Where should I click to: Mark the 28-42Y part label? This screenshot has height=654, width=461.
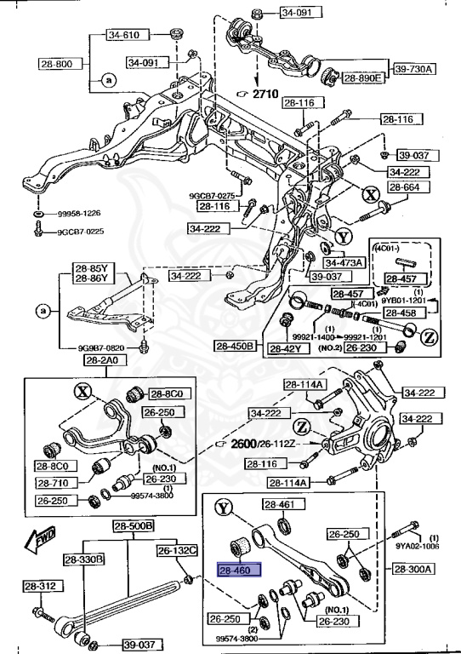[x=287, y=348]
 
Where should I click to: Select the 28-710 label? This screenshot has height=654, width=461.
[x=54, y=482]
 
